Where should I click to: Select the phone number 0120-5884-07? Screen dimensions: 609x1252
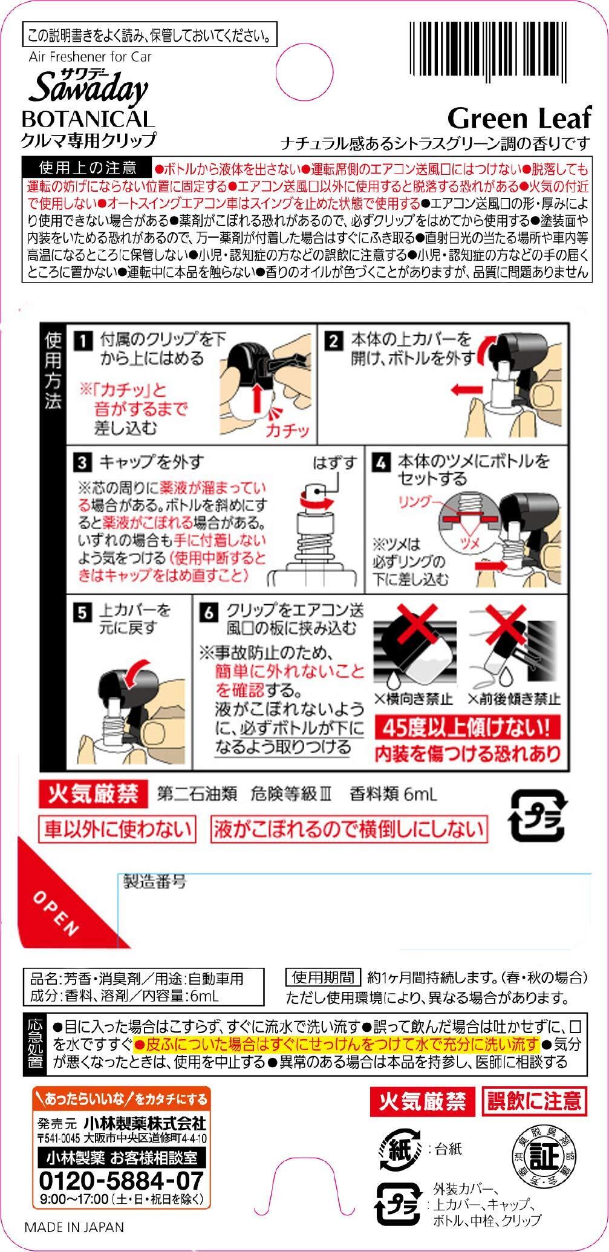point(121,1180)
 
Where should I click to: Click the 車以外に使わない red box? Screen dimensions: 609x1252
point(117,829)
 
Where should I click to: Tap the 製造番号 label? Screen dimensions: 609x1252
point(155,881)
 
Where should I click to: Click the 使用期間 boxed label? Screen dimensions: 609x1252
point(322,977)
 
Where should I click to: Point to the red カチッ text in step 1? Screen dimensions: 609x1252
point(287,430)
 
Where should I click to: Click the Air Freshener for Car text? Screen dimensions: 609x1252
point(90,57)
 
